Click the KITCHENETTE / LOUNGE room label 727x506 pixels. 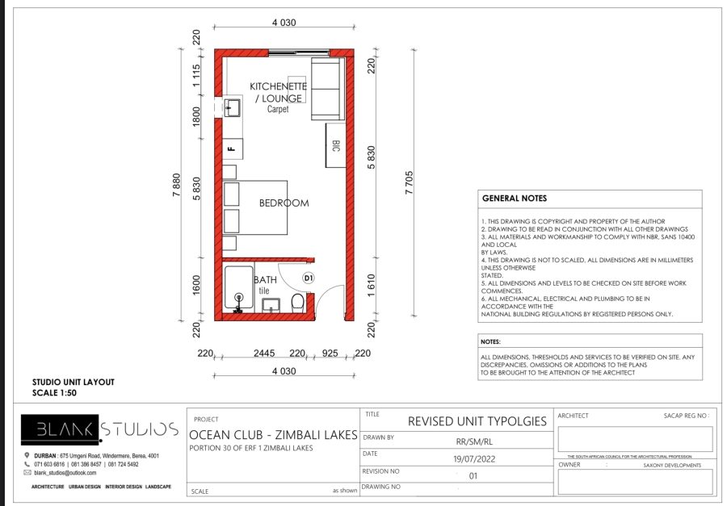pyautogui.click(x=276, y=92)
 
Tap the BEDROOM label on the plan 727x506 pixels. pyautogui.click(x=284, y=203)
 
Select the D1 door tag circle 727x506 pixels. pyautogui.click(x=308, y=278)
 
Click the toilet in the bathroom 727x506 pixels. pyautogui.click(x=297, y=303)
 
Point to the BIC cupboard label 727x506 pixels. pyautogui.click(x=335, y=146)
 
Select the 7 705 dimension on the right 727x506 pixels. pyautogui.click(x=410, y=185)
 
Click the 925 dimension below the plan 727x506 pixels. pyautogui.click(x=330, y=353)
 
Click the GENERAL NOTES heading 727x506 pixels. pyautogui.click(x=514, y=199)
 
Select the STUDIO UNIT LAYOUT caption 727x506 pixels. pyautogui.click(x=73, y=382)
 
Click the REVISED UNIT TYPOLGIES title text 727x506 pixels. pyautogui.click(x=477, y=421)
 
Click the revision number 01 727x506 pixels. pyautogui.click(x=473, y=475)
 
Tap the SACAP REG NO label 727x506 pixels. pyautogui.click(x=679, y=416)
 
